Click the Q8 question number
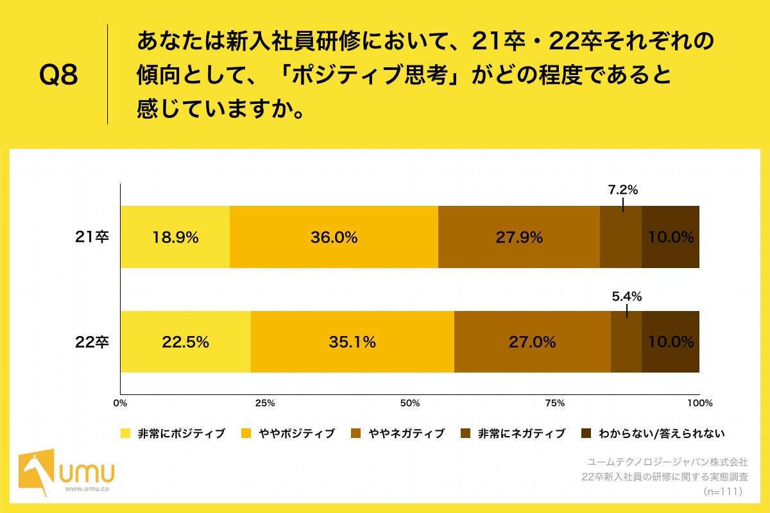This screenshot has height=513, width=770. click(58, 76)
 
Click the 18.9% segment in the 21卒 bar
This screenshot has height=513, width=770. click(175, 237)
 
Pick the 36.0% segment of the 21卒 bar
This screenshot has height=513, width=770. click(334, 237)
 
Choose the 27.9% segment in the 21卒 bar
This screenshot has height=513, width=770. click(518, 237)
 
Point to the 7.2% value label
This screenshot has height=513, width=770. click(622, 190)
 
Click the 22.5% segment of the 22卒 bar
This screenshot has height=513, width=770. click(185, 342)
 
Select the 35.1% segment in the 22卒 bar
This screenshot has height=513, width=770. click(352, 342)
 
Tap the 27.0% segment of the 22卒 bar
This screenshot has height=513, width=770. click(532, 342)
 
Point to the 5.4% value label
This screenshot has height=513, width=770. click(626, 296)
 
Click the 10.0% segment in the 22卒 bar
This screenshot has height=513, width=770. click(671, 342)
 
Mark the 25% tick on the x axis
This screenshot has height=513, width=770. click(265, 403)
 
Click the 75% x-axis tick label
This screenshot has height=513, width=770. click(554, 403)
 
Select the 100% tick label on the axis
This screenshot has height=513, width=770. click(699, 403)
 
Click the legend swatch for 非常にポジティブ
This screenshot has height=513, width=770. click(126, 433)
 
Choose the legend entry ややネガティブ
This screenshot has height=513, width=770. click(406, 433)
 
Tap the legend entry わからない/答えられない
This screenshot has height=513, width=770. click(661, 433)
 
